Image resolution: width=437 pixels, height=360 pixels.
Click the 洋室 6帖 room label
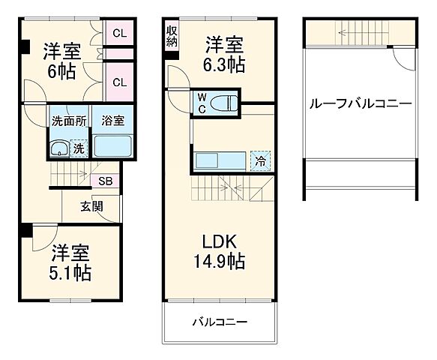click(61, 61)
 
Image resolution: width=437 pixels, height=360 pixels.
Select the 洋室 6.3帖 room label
click(224, 55)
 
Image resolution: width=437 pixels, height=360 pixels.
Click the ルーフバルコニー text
click(361, 103)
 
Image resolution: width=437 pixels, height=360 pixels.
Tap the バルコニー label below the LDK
click(220, 322)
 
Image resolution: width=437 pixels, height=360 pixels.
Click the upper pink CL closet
click(119, 33)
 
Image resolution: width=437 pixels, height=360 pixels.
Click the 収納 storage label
click(172, 35)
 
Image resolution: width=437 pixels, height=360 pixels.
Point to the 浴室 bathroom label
click(113, 121)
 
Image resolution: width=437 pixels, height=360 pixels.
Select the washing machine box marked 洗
click(79, 149)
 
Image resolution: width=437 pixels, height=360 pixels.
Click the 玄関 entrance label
click(92, 206)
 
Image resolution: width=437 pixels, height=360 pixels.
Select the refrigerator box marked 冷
click(260, 161)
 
